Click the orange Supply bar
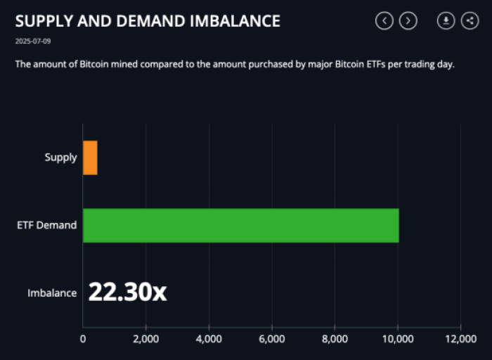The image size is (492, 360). (90, 157)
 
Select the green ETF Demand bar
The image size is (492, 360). (240, 225)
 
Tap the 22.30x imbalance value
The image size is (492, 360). (127, 292)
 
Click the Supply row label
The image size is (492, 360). (60, 157)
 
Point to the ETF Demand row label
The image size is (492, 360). (47, 226)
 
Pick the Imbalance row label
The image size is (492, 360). (52, 293)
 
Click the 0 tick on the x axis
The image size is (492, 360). (83, 339)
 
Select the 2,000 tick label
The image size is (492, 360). (145, 339)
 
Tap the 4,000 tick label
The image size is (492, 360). (209, 339)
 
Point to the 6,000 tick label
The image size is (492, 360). (271, 339)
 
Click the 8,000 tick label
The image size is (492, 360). (335, 339)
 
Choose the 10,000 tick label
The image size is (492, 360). (397, 339)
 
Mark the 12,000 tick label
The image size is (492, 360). (460, 339)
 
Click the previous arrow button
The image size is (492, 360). (384, 21)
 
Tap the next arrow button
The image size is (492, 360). (408, 21)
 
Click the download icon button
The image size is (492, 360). (446, 21)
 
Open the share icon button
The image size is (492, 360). (469, 21)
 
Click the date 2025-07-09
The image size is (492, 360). (32, 41)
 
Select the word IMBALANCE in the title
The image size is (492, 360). (235, 21)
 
